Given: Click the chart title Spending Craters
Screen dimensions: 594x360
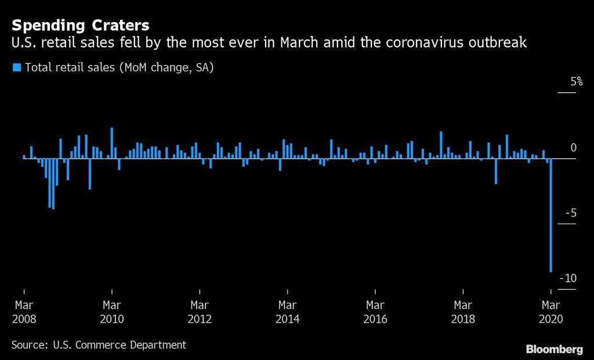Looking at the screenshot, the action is point(80,26).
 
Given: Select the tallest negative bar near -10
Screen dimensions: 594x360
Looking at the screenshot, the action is point(550,215).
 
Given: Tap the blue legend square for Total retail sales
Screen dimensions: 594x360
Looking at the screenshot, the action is point(17,67).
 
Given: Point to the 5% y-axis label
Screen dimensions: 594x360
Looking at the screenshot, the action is point(577,81).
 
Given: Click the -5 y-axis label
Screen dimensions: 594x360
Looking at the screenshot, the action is point(571,213).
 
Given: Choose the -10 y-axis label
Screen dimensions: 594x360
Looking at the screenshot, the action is point(568,278).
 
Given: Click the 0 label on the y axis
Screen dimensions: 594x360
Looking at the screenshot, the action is point(574,148).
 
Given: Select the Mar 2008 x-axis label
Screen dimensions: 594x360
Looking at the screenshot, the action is point(24,312).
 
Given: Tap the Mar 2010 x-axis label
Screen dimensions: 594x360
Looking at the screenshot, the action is point(112,312).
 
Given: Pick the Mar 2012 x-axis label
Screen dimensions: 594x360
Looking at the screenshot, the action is point(200,312).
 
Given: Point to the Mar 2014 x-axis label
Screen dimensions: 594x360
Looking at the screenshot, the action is point(288,312).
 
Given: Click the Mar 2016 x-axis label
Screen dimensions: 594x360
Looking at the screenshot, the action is point(375,312).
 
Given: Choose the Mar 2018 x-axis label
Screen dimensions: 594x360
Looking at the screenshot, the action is point(463,312).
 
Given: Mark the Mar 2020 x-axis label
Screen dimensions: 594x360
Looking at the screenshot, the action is point(551,312).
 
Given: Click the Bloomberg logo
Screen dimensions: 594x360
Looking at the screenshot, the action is point(554,349).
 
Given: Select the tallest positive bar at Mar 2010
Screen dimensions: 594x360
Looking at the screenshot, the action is point(112,143).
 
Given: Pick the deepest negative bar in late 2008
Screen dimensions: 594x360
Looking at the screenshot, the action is point(53,184).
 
